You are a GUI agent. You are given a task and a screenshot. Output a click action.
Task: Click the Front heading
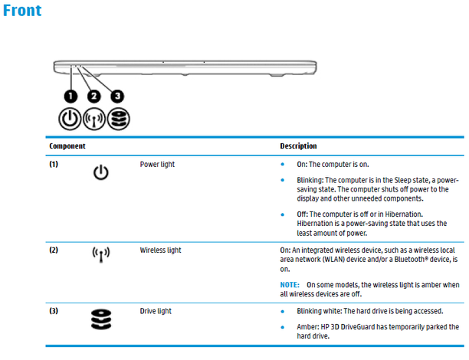pyautogui.click(x=22, y=11)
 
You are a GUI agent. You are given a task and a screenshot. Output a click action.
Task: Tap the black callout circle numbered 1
pyautogui.click(x=71, y=96)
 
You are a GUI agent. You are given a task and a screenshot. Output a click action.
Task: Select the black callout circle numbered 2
pyautogui.click(x=94, y=96)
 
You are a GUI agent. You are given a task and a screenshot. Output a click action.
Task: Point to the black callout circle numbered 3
pyautogui.click(x=117, y=96)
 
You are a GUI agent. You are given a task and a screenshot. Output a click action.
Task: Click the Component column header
pyautogui.click(x=67, y=146)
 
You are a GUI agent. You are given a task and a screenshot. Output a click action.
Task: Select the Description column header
pyautogui.click(x=298, y=146)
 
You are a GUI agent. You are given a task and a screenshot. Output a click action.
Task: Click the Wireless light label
pyautogui.click(x=160, y=250)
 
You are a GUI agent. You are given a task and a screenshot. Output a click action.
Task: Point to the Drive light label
pyautogui.click(x=156, y=311)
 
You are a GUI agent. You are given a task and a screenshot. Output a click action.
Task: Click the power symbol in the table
pyautogui.click(x=100, y=173)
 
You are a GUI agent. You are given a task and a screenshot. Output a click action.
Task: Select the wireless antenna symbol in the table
pyautogui.click(x=100, y=254)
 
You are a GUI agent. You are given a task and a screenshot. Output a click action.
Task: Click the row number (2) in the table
pyautogui.click(x=54, y=250)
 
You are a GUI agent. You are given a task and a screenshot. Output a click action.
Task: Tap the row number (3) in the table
pyautogui.click(x=54, y=311)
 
